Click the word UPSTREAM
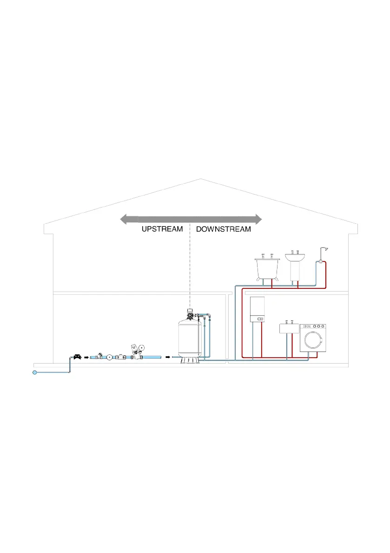pos(162,229)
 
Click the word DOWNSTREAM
pos(224,229)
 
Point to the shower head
pos(327,249)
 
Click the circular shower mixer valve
pos(320,262)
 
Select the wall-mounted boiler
pos(258,309)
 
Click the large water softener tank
pos(190,337)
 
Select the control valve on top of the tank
pos(190,314)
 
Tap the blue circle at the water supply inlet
pos(34,372)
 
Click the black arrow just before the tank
pos(167,358)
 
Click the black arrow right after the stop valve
pos(86,358)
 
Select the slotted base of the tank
pos(190,359)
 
